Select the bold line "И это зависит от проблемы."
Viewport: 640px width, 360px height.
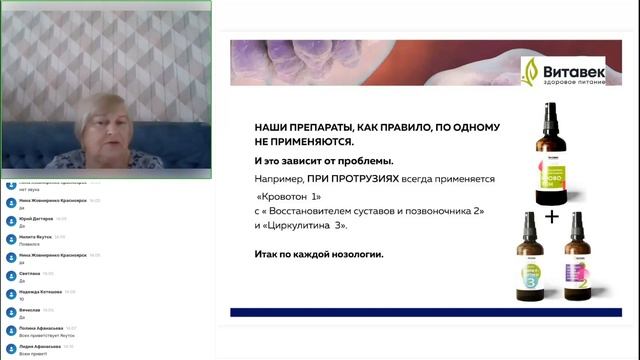click(310, 160)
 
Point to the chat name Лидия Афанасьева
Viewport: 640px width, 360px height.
click(40, 346)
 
